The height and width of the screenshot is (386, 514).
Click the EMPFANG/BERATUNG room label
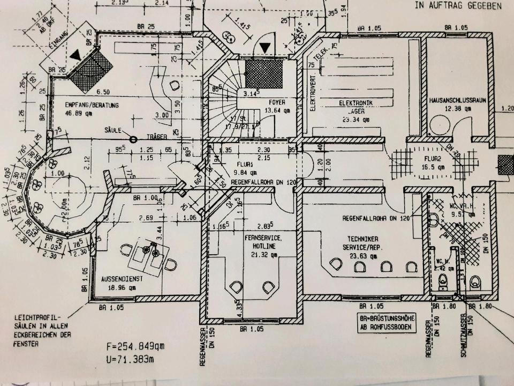(x=91, y=105)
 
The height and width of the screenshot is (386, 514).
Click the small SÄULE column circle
(x=132, y=139)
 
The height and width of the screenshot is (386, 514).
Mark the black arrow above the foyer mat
(x=264, y=48)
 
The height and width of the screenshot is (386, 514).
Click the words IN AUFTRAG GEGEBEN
(x=458, y=6)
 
